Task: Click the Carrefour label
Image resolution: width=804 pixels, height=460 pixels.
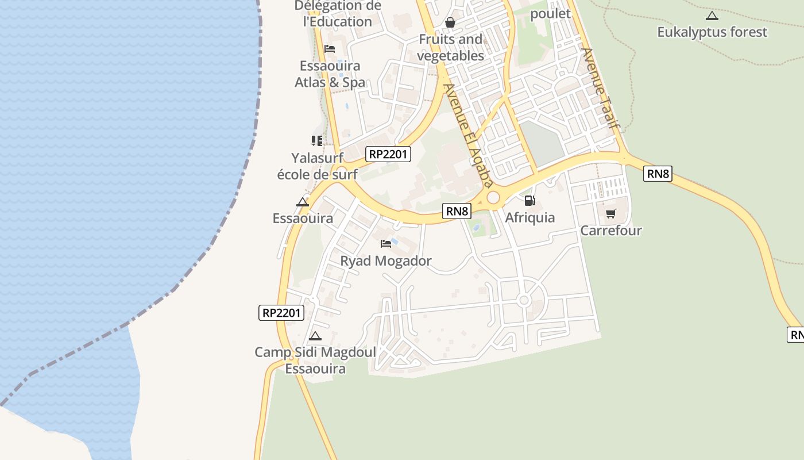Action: (x=610, y=231)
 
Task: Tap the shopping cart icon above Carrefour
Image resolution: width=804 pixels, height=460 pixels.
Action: (x=610, y=214)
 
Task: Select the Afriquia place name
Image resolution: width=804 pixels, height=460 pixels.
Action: (x=529, y=217)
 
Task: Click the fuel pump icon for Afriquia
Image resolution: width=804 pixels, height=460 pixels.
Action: (x=529, y=201)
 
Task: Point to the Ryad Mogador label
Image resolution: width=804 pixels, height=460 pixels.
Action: (x=385, y=261)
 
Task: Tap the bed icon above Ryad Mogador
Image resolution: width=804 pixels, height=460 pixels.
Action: (x=386, y=244)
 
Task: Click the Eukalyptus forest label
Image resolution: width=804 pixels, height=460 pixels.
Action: (x=712, y=32)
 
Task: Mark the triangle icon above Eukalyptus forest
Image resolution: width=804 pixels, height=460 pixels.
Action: (x=712, y=16)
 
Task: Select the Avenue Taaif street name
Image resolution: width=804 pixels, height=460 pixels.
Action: (x=601, y=87)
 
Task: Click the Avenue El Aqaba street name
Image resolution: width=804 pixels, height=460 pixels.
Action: (x=469, y=136)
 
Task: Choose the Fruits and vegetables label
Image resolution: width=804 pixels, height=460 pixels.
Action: (x=450, y=48)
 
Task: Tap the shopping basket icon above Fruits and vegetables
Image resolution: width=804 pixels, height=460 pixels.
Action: (x=450, y=22)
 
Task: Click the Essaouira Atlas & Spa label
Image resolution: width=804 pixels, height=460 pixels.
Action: (x=330, y=74)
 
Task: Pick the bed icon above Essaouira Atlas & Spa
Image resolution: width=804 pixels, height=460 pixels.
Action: (x=330, y=49)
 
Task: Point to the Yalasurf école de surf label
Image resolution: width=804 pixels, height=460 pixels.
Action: (x=317, y=166)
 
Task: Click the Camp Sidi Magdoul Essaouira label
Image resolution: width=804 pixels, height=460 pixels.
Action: (x=315, y=361)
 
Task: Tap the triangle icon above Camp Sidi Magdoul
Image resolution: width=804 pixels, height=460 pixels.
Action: (x=315, y=336)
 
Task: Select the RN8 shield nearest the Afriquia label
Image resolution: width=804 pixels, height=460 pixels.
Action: (x=457, y=211)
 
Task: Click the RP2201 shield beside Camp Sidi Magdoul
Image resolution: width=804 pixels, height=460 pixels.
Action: (x=281, y=313)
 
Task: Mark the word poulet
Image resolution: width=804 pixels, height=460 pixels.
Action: (x=550, y=13)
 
